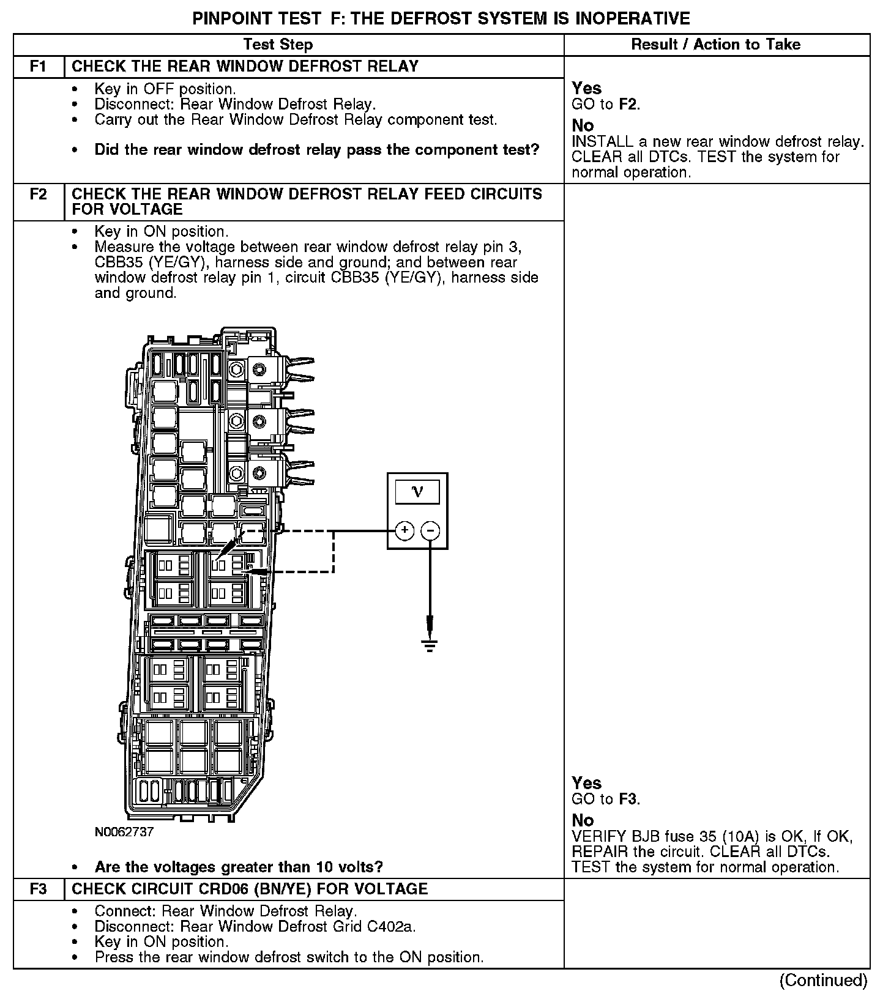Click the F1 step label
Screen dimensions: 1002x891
(38, 66)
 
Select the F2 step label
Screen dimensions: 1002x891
(38, 195)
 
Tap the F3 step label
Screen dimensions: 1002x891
(38, 889)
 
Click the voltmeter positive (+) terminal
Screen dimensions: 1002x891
(404, 530)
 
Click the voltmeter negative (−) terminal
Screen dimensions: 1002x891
(431, 530)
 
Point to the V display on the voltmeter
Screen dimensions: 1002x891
(417, 492)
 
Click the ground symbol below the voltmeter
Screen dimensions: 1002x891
(430, 645)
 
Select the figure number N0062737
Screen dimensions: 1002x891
(124, 832)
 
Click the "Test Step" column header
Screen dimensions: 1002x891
(278, 44)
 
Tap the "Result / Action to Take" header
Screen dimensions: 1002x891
(715, 44)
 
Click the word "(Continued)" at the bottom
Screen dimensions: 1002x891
(823, 981)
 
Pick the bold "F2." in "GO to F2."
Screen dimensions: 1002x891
(629, 104)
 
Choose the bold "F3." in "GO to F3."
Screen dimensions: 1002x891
(629, 799)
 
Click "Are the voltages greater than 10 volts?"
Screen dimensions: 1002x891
(239, 867)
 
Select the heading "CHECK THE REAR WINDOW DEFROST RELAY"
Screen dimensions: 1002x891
(245, 66)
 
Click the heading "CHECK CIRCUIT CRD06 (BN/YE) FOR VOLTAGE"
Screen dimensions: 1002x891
(250, 889)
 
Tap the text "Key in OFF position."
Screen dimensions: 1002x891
(165, 89)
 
